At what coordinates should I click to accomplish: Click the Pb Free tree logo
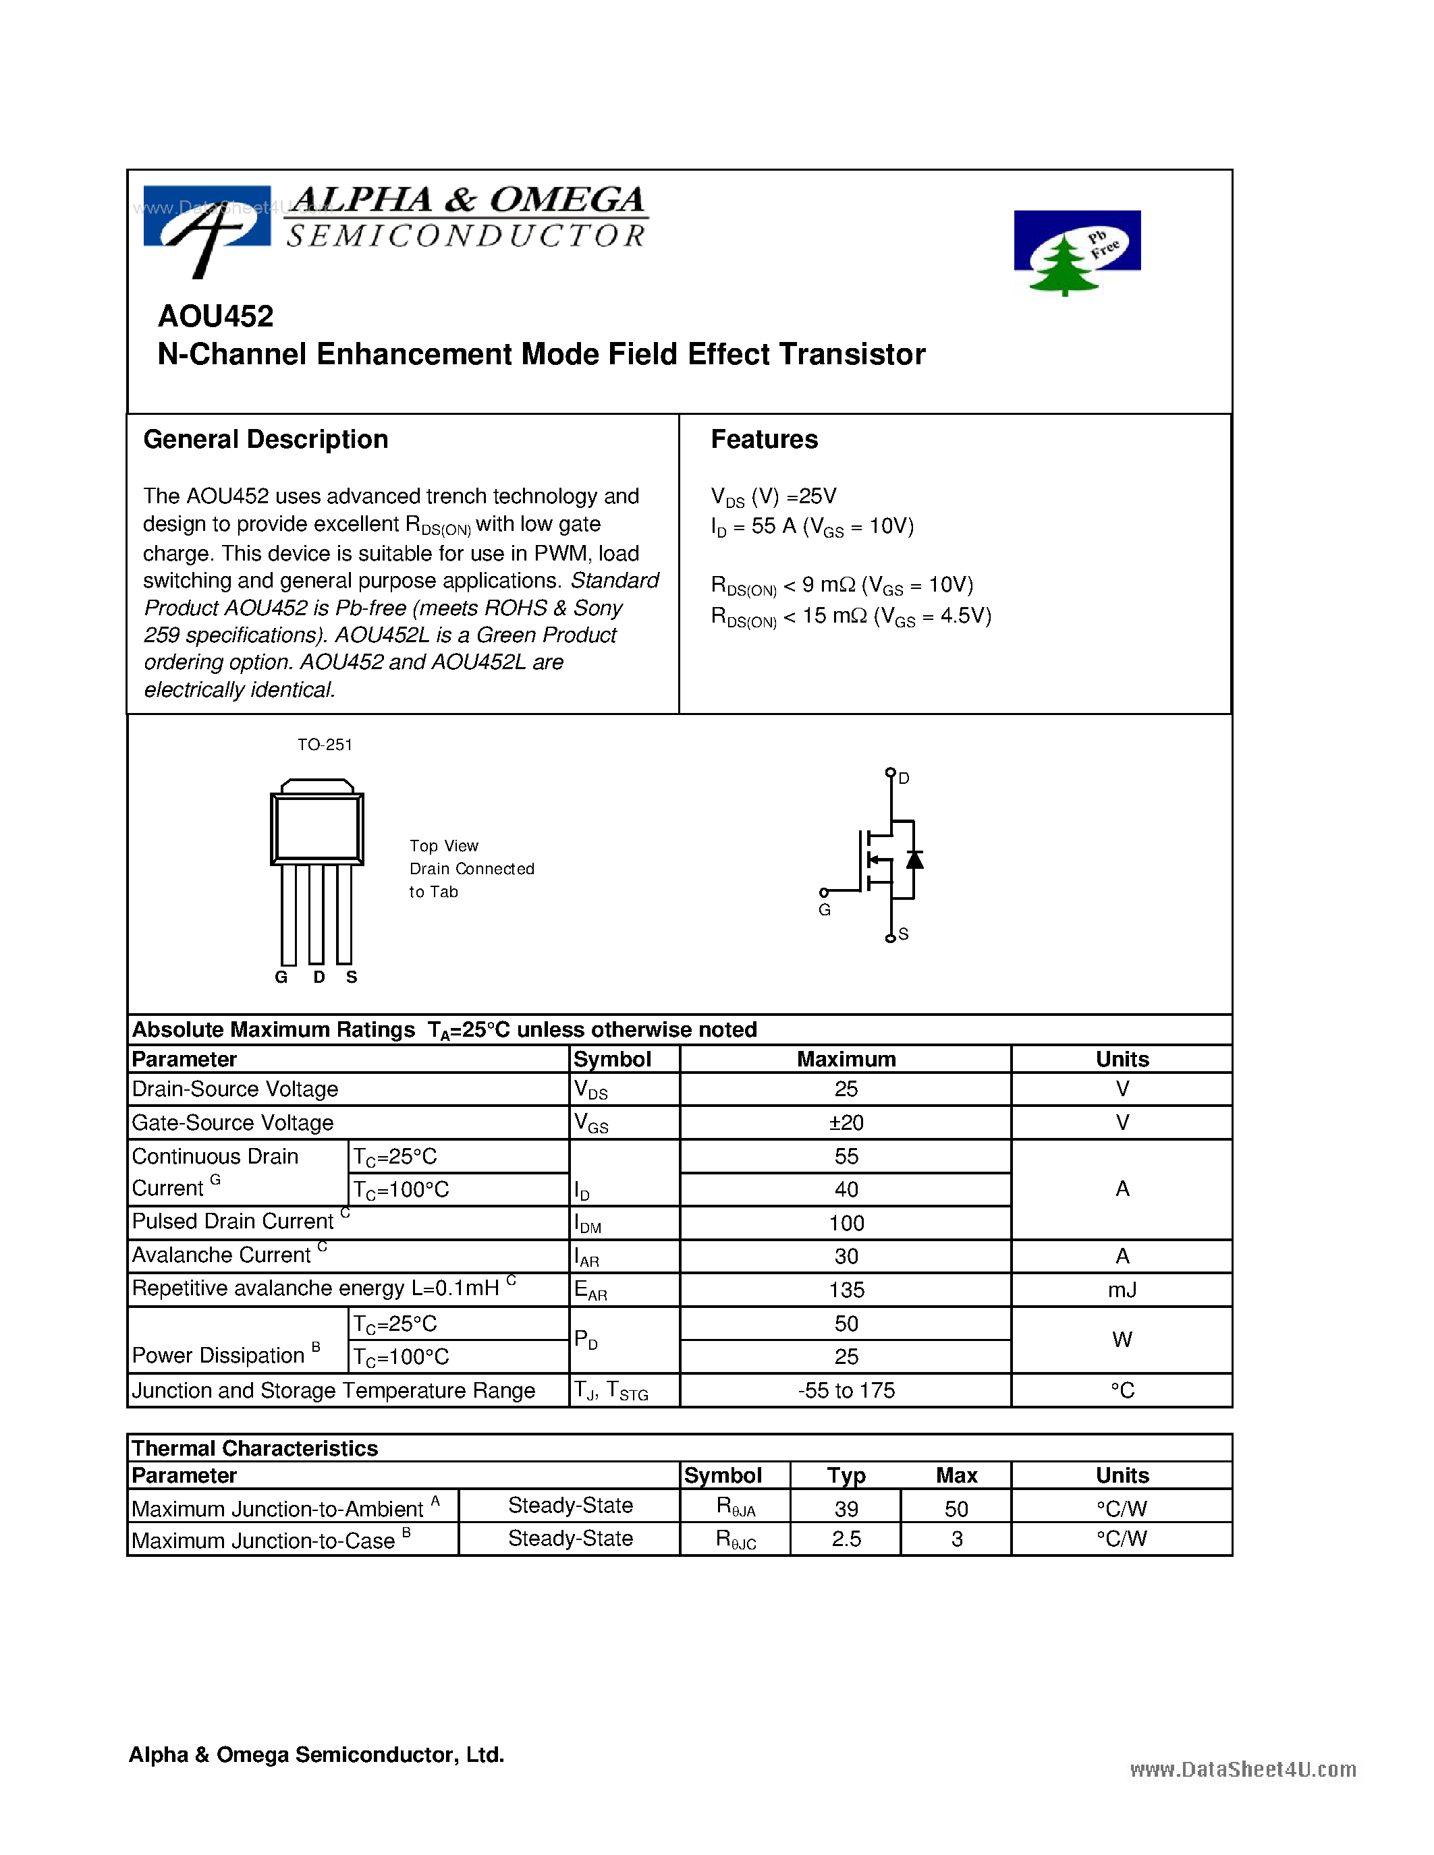(x=1076, y=252)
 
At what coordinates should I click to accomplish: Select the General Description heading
(x=265, y=439)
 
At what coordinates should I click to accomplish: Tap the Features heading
(x=764, y=439)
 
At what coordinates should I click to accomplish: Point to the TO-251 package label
(x=325, y=745)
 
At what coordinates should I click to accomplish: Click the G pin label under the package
(x=281, y=977)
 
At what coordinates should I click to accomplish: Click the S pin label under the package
(x=352, y=977)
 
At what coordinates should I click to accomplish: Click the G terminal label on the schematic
(x=824, y=910)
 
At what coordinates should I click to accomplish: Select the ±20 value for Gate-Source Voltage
(x=846, y=1123)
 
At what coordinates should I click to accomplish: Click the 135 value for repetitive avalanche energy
(x=846, y=1290)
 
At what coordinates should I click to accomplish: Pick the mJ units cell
(x=1122, y=1290)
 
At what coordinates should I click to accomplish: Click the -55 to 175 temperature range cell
(x=846, y=1390)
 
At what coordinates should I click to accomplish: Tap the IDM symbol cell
(x=587, y=1224)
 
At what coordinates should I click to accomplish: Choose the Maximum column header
(x=846, y=1059)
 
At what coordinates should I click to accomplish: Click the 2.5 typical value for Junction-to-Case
(x=846, y=1539)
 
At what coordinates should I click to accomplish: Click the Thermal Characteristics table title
(x=255, y=1448)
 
